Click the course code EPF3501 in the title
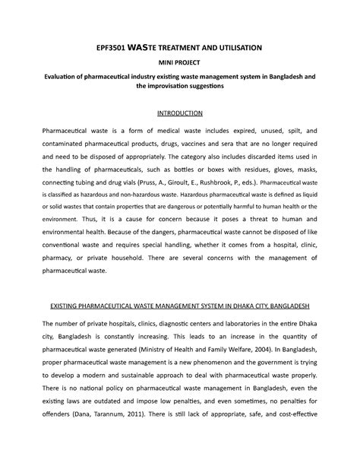point(116,47)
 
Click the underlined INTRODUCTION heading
point(179,113)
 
